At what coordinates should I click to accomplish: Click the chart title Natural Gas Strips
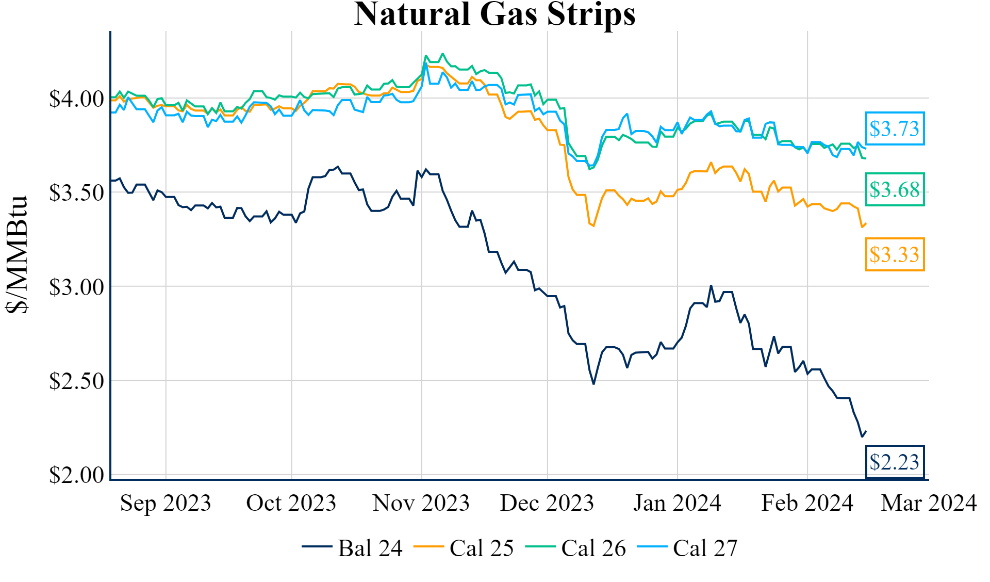494,14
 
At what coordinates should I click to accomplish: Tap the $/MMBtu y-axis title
16,254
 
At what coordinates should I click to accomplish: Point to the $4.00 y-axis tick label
76,99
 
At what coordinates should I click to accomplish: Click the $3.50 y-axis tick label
76,193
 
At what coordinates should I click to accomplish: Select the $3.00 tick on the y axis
76,287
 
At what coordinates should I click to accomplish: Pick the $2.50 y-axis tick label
76,381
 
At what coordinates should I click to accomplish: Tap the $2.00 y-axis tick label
76,475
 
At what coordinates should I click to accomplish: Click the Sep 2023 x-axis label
166,503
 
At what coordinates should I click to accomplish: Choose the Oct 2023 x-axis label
291,503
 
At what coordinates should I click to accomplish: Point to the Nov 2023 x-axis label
421,503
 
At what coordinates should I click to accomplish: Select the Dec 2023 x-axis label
547,503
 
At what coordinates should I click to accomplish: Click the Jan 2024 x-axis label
677,503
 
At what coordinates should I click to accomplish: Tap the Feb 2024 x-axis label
807,503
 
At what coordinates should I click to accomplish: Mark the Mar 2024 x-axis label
929,503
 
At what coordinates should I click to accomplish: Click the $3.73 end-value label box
895,128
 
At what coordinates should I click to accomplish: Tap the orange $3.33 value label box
895,254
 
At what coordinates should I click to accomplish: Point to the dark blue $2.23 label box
895,462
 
